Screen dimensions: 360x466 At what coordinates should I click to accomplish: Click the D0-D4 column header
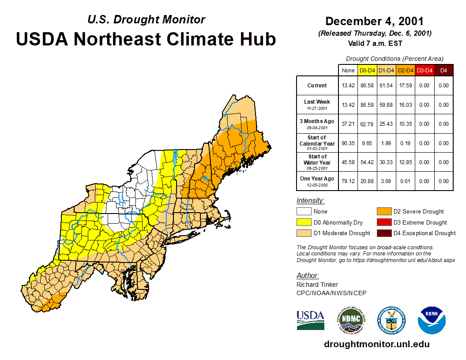(x=367, y=70)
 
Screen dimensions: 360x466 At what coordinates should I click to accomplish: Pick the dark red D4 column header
(x=443, y=70)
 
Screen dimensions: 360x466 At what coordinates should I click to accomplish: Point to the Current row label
(x=317, y=86)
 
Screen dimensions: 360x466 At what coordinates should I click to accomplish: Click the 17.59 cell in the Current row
(x=405, y=86)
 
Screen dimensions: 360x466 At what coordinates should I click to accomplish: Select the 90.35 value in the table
(x=348, y=143)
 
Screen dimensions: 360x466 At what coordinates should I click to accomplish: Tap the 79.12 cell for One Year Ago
(x=348, y=181)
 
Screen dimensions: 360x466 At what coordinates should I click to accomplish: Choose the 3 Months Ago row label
(x=317, y=124)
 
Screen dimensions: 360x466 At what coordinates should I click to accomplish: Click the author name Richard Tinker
(x=317, y=285)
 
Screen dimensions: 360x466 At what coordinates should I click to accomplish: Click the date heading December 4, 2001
(x=374, y=21)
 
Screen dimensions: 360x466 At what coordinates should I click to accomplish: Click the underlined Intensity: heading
(x=310, y=201)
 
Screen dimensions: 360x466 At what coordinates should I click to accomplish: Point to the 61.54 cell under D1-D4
(x=386, y=86)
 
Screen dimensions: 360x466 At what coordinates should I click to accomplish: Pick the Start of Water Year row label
(x=317, y=162)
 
